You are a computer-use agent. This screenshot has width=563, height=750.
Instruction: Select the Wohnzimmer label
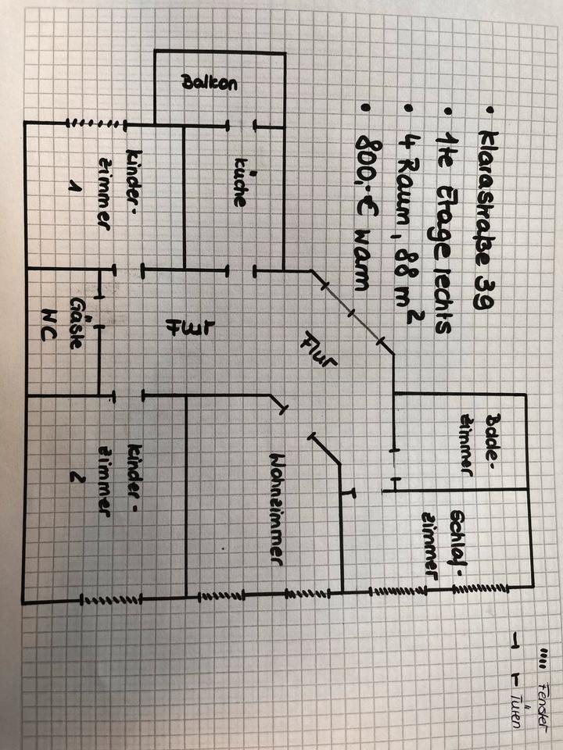point(275,507)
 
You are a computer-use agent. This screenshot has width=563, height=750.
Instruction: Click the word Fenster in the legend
point(543,695)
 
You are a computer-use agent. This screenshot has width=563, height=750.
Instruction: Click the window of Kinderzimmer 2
point(109,600)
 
